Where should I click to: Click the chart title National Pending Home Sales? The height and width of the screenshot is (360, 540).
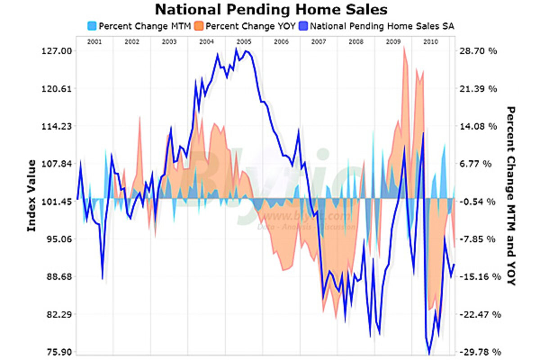click(271, 9)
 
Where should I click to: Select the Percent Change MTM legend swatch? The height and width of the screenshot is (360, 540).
click(92, 26)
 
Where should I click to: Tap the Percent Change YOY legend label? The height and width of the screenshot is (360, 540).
click(250, 26)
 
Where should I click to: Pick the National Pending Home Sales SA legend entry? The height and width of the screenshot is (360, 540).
click(382, 26)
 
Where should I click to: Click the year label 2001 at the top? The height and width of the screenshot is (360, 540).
click(94, 42)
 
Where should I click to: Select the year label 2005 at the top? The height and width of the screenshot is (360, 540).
click(243, 42)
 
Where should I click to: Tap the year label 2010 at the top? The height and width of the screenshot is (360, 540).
click(431, 42)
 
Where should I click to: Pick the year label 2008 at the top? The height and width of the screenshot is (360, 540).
click(356, 42)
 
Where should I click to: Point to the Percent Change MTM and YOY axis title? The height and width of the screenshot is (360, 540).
click(510, 196)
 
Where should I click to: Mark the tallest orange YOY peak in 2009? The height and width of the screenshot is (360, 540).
click(404, 47)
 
